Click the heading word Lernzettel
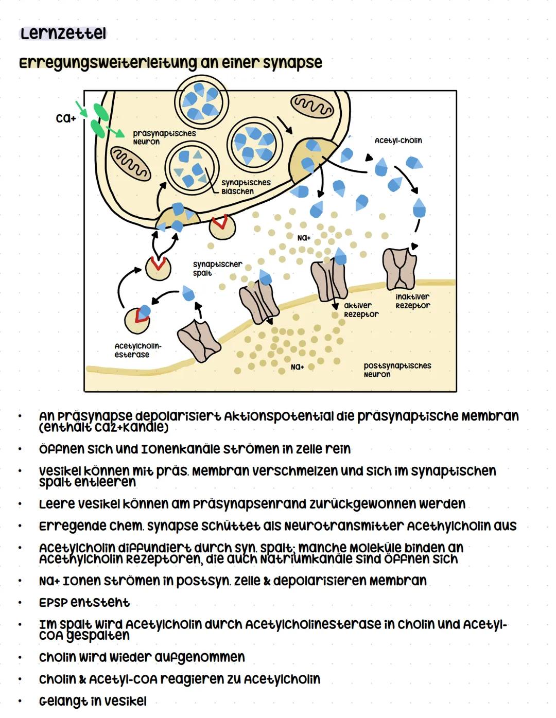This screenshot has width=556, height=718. (x=63, y=34)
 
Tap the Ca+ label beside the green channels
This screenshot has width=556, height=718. (x=66, y=118)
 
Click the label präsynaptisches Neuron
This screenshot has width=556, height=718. (x=164, y=137)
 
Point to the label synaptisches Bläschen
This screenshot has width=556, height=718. (x=246, y=187)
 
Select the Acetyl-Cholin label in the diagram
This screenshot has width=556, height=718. (x=398, y=141)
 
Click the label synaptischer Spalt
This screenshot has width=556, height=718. (x=217, y=268)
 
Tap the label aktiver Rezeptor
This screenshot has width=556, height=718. (x=361, y=310)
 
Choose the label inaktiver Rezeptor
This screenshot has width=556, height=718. (x=412, y=301)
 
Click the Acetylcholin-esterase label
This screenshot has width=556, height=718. (x=137, y=351)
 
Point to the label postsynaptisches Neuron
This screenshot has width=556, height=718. (x=397, y=370)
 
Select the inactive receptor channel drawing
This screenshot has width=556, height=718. (x=399, y=269)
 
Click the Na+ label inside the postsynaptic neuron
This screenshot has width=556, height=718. (x=297, y=367)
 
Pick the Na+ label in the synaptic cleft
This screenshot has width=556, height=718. (x=304, y=238)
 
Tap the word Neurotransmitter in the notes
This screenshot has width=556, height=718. (x=343, y=526)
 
